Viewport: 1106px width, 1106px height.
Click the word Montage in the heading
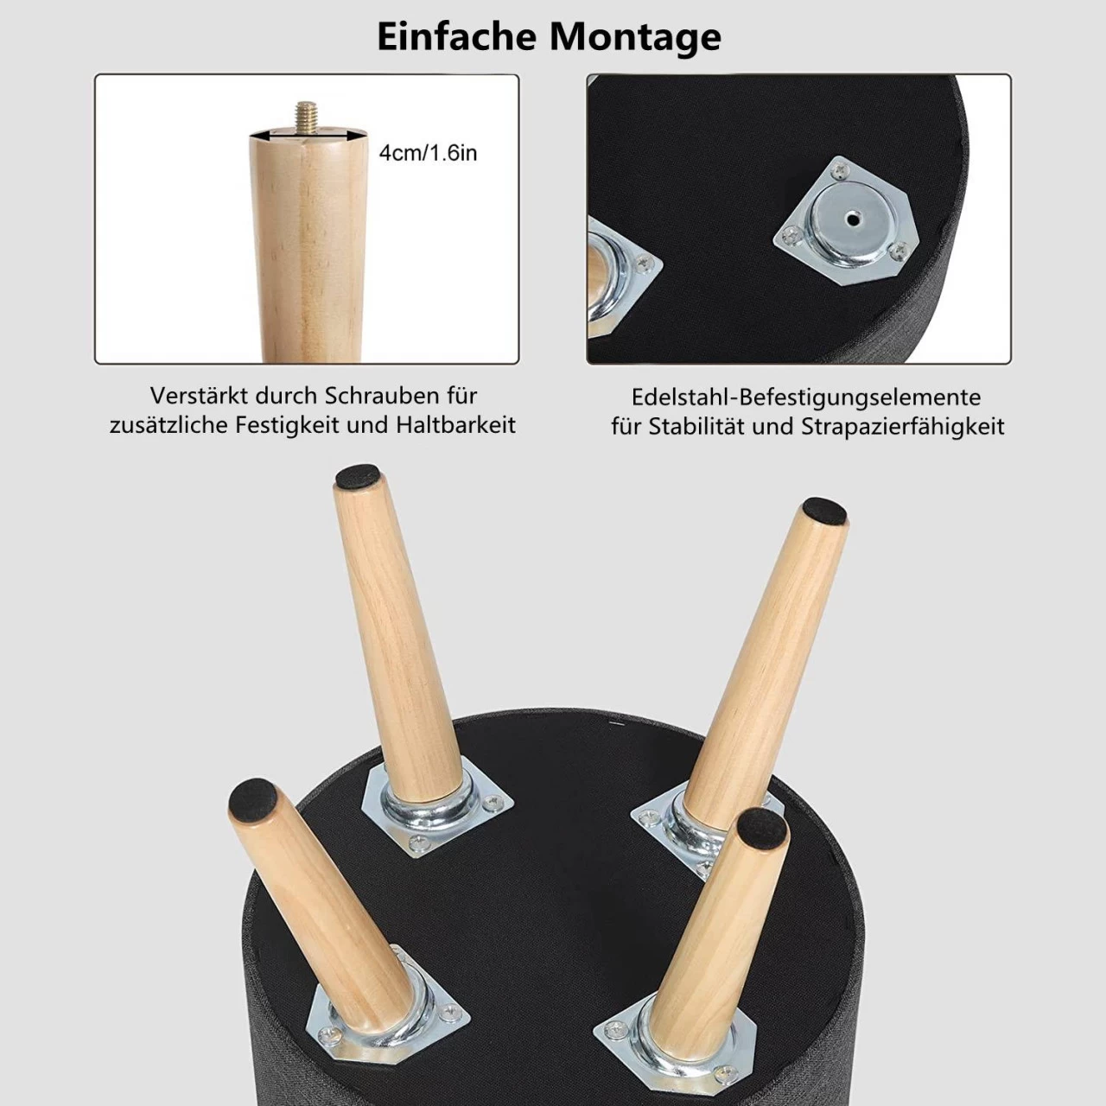(x=635, y=38)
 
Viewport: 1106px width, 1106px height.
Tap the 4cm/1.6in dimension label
(x=428, y=153)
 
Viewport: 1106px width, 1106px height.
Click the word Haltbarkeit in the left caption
(x=455, y=425)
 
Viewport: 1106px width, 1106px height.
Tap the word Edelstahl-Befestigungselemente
(x=806, y=397)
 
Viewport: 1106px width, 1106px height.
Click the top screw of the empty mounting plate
(x=841, y=171)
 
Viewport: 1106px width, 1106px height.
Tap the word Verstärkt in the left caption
(x=199, y=396)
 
